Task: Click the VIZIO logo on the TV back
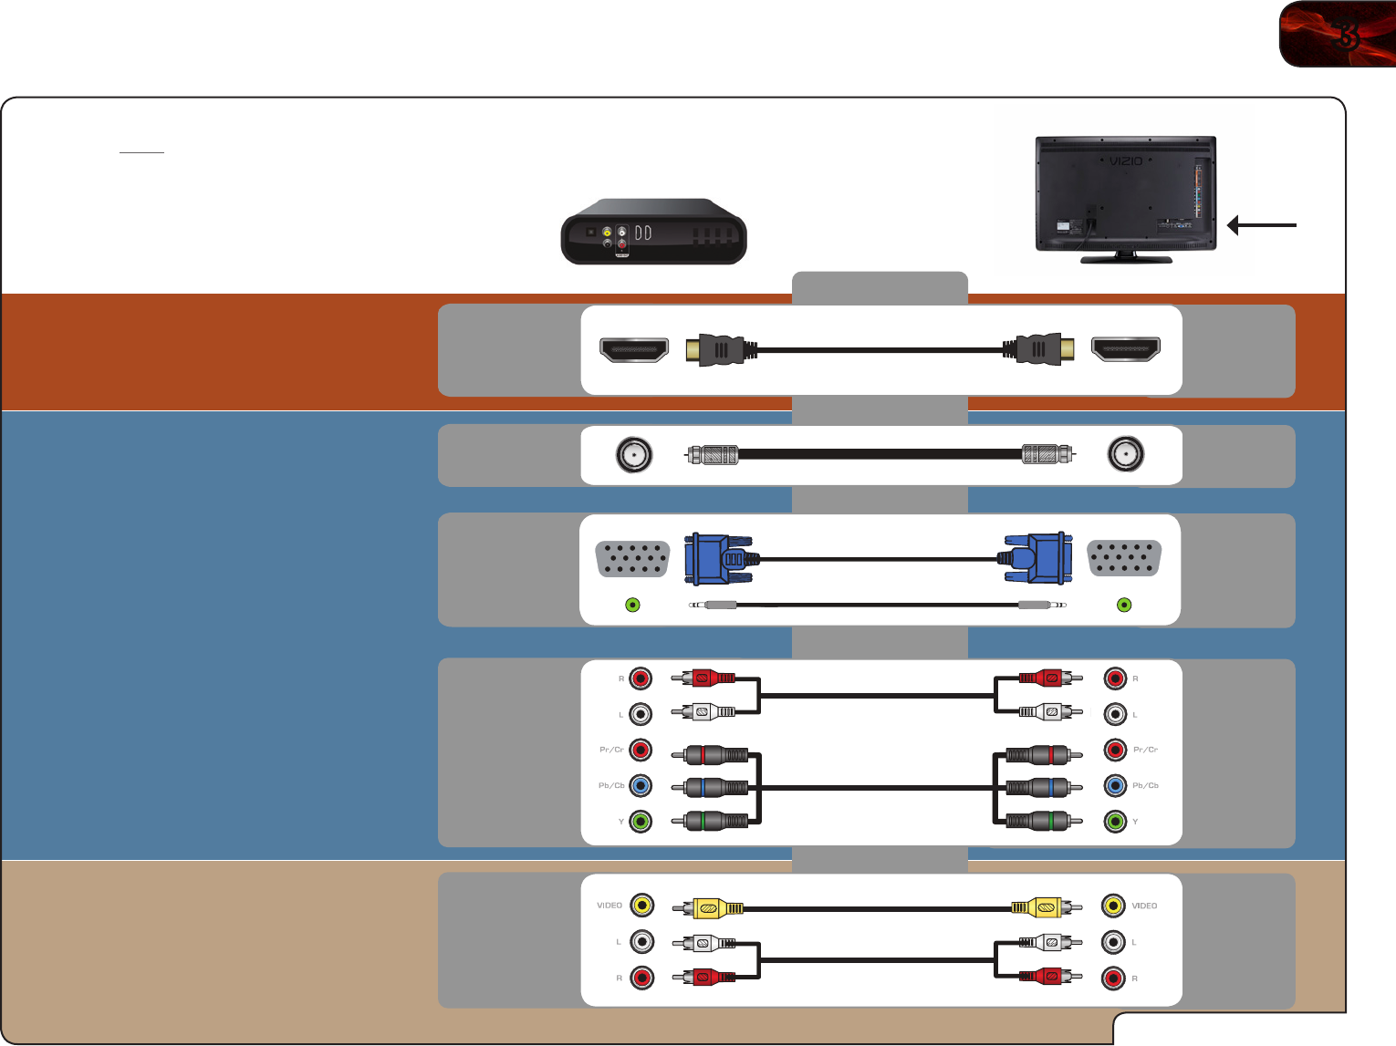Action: [x=1126, y=161]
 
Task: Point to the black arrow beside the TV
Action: [x=1262, y=225]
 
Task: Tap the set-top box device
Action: [x=653, y=232]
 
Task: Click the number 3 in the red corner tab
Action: [x=1346, y=35]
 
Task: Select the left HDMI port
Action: [x=633, y=349]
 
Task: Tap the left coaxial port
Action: [x=634, y=454]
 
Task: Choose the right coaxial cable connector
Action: [x=1047, y=454]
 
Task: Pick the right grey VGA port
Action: [x=1124, y=558]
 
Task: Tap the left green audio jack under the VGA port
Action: [x=632, y=605]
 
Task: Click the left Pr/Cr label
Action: [x=611, y=750]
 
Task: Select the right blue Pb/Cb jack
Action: [x=1115, y=785]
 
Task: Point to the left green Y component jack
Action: [x=641, y=822]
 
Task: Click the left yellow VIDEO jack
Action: [x=642, y=906]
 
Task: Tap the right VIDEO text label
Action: [x=1144, y=906]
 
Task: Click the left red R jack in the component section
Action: [x=641, y=678]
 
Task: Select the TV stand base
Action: [x=1126, y=259]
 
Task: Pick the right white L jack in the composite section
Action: [x=1113, y=942]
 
